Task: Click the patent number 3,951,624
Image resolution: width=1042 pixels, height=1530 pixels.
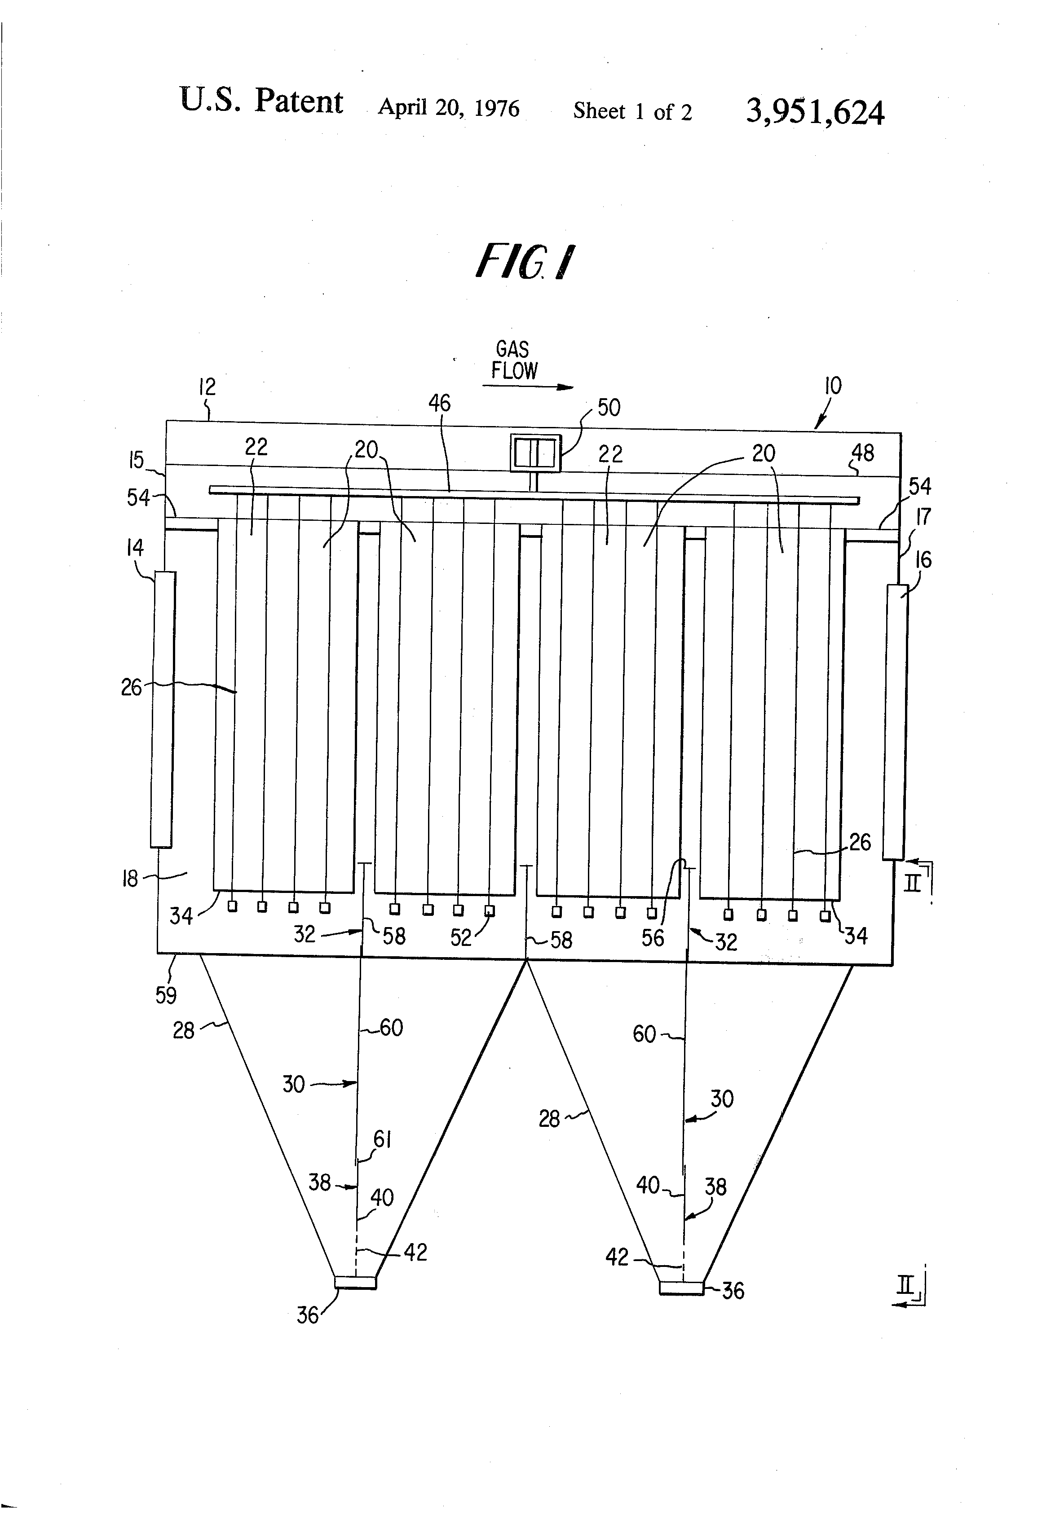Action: [x=815, y=112]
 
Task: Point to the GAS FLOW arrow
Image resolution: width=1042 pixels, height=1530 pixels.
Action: [x=528, y=387]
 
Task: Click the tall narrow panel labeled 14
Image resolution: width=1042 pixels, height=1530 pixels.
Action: [x=162, y=708]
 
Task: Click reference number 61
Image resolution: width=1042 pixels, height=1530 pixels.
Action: [x=382, y=1138]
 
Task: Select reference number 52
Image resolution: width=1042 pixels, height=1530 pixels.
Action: [x=461, y=937]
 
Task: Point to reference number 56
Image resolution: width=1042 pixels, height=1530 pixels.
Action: [x=653, y=937]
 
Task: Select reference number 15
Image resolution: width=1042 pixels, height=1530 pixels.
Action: [x=137, y=460]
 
